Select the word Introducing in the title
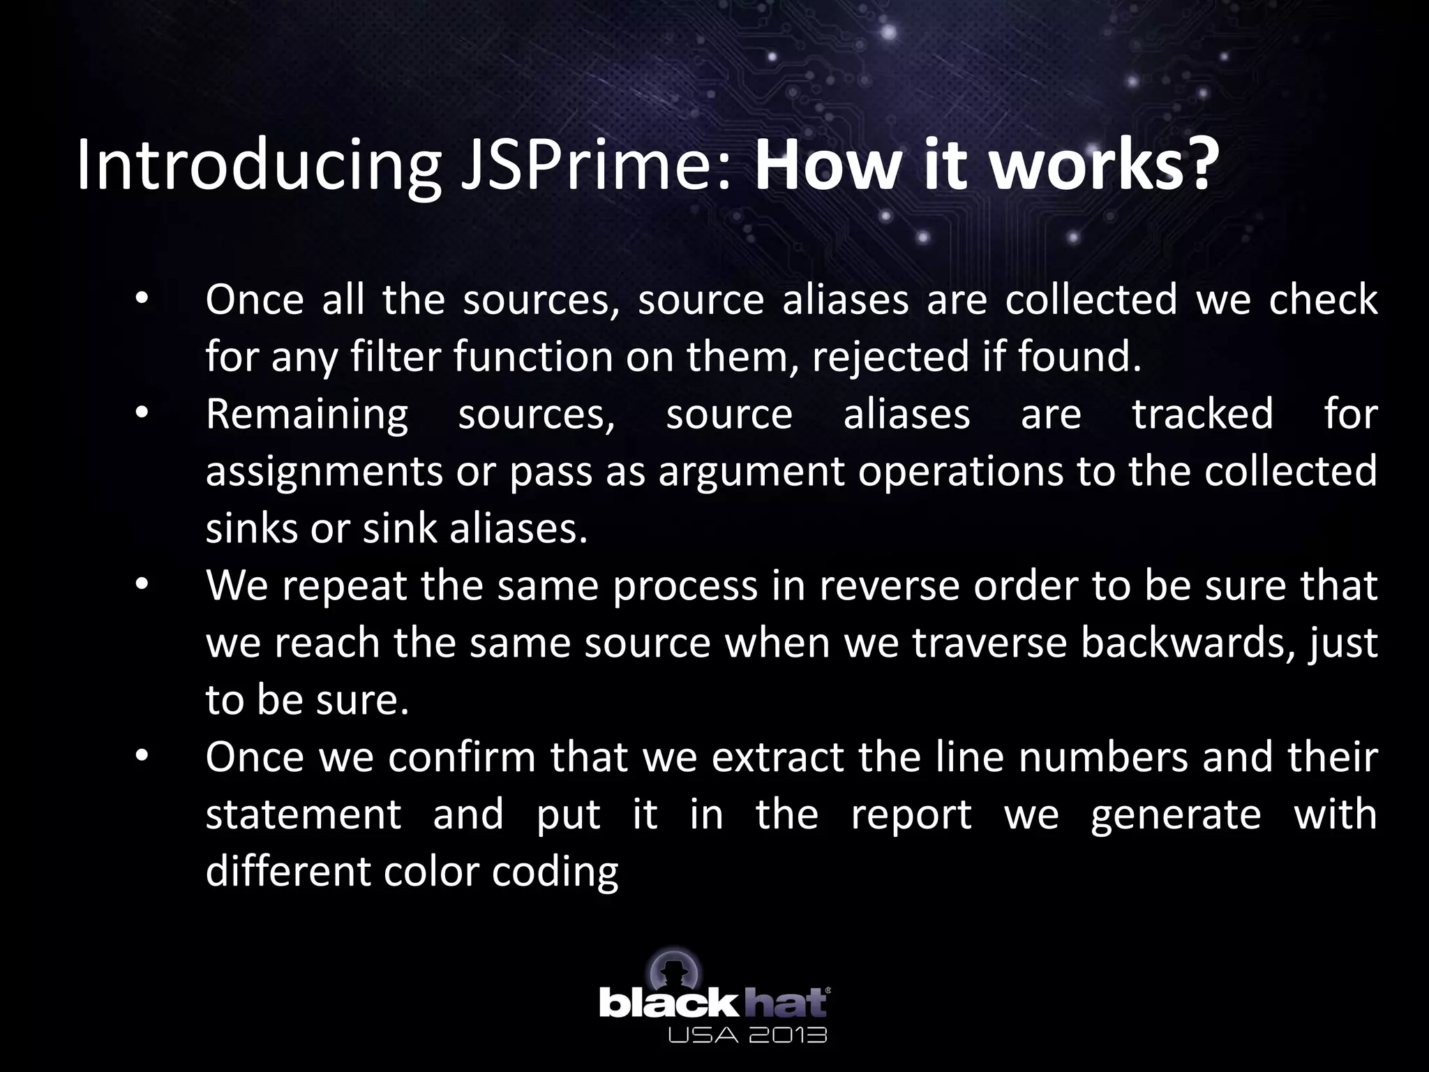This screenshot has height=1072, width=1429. pos(258,166)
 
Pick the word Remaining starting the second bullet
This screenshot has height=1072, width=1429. pos(307,414)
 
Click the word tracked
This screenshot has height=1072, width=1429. pos(1202,414)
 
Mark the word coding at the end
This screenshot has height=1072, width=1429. pos(555,872)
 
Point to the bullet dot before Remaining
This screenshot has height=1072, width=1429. pos(142,414)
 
